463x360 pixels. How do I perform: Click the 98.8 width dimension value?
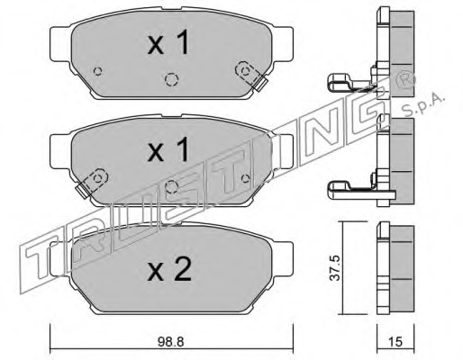tap(170, 341)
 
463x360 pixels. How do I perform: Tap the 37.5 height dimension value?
tap(334, 268)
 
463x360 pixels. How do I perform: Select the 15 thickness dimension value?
tap(395, 341)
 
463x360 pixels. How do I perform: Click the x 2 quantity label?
tap(169, 269)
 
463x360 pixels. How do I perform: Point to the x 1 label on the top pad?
tap(168, 42)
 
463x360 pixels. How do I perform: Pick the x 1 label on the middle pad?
tap(168, 149)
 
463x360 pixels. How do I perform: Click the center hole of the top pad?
tap(171, 79)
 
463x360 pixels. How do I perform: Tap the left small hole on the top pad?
tap(97, 71)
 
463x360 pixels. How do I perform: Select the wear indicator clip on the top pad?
tap(250, 76)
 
